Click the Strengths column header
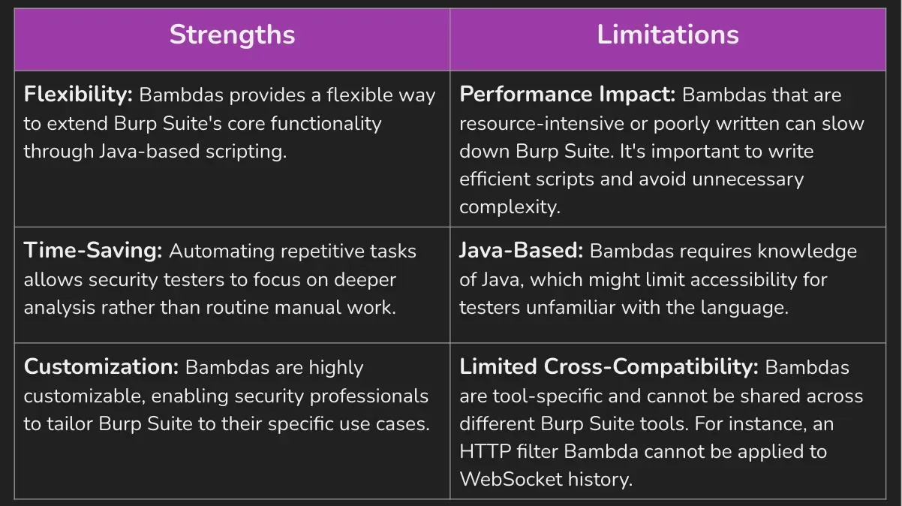coord(232,35)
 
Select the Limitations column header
coord(667,35)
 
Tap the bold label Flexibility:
coord(78,95)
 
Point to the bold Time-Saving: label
coord(93,251)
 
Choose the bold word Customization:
coord(101,367)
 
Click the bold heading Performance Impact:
coord(567,95)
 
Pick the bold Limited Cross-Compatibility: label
coord(609,367)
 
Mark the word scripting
coord(248,151)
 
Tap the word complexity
coord(510,206)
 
